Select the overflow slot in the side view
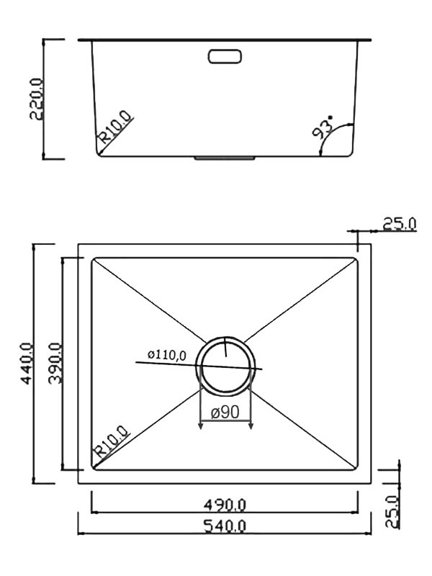click(225, 55)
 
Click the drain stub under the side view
click(225, 156)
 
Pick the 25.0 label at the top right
click(398, 224)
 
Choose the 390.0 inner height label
click(55, 364)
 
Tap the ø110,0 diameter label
click(167, 354)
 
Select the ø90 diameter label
click(225, 413)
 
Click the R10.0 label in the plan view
click(111, 444)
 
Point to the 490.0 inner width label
click(225, 504)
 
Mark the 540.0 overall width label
click(225, 526)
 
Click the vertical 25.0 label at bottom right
click(391, 512)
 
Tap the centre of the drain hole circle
click(225, 366)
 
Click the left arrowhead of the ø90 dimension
click(200, 426)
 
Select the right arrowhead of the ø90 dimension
click(251, 426)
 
